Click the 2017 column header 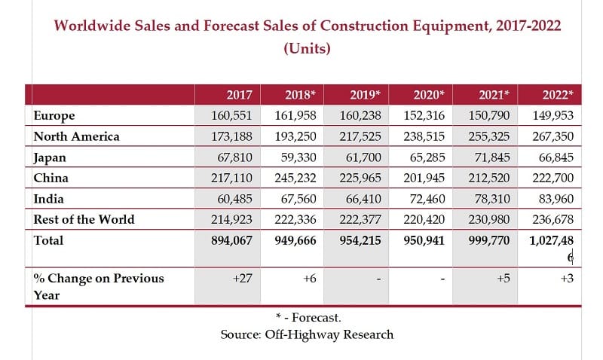pyautogui.click(x=239, y=95)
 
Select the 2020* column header pyautogui.click(x=429, y=95)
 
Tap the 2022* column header pyautogui.click(x=558, y=95)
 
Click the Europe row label pyautogui.click(x=54, y=115)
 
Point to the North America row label pyautogui.click(x=77, y=136)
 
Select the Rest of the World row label pyautogui.click(x=84, y=219)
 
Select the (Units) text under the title pyautogui.click(x=307, y=49)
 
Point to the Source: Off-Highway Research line pyautogui.click(x=307, y=334)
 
